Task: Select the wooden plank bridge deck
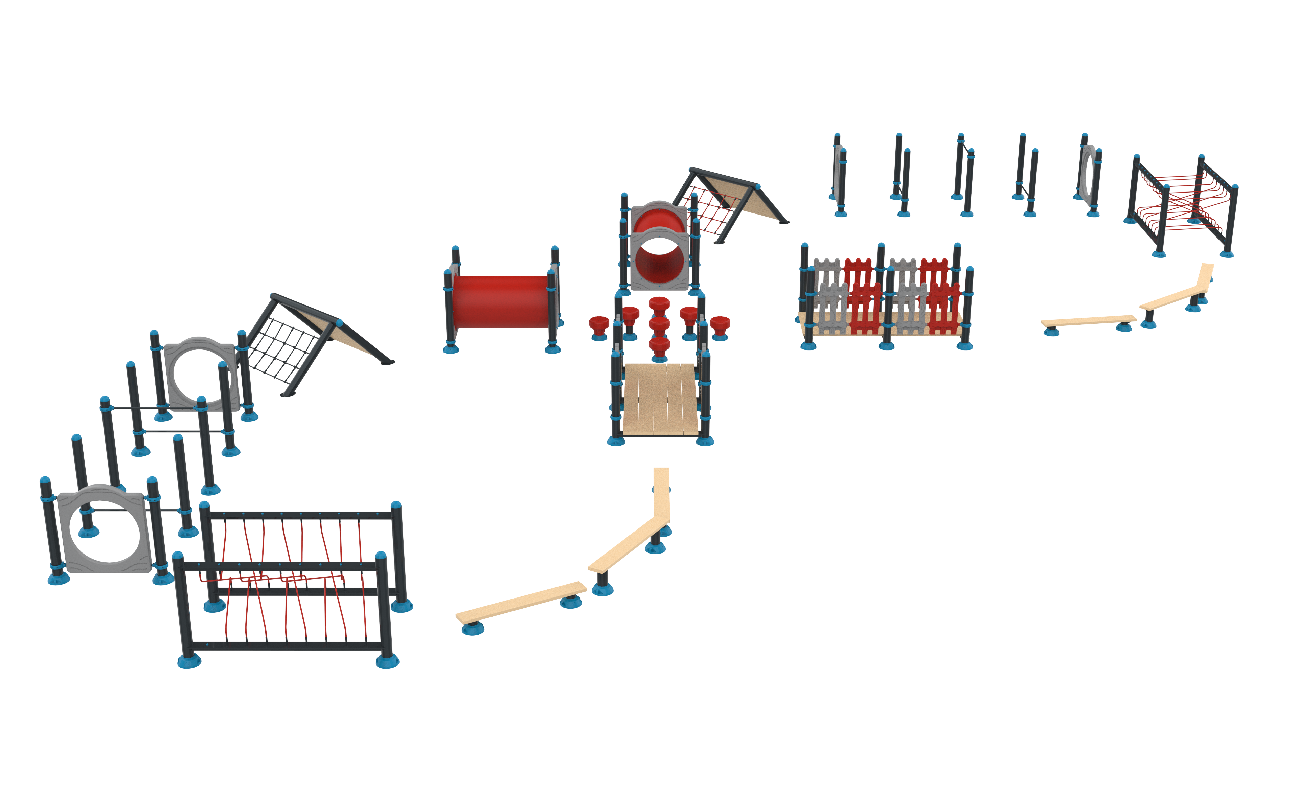(x=660, y=399)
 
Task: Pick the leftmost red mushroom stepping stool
(x=598, y=324)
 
